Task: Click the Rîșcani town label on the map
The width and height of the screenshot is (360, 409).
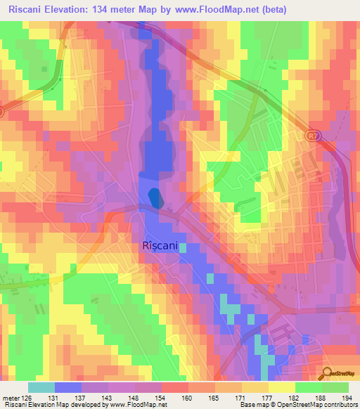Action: pyautogui.click(x=160, y=247)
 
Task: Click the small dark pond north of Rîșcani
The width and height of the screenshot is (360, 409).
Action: pyautogui.click(x=154, y=198)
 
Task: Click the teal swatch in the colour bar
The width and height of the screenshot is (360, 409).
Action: pyautogui.click(x=41, y=387)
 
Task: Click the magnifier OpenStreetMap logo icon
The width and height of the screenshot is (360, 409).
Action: pyautogui.click(x=327, y=373)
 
